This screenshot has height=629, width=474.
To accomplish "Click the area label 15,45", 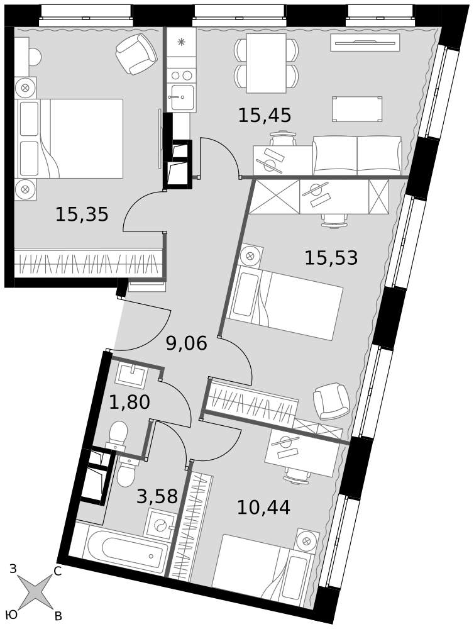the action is tap(265, 116).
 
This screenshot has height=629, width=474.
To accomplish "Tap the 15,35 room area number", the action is tap(82, 214).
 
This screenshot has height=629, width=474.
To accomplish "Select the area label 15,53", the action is tap(331, 257).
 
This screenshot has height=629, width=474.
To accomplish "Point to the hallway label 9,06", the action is tap(187, 343).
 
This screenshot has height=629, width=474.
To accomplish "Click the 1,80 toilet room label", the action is tap(130, 402).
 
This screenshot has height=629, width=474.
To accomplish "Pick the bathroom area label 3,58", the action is tap(157, 496).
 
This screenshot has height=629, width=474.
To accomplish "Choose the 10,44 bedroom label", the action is tap(263, 508).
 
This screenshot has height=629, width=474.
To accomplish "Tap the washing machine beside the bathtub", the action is tap(161, 524).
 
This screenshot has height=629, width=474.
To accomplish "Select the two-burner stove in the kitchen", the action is tap(181, 75).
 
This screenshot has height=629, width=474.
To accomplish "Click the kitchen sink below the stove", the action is tap(182, 98).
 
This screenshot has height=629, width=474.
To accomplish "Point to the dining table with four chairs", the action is tap(267, 63).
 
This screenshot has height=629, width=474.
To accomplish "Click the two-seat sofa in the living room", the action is tap(357, 155).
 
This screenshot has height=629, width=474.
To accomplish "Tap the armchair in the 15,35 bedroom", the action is tap(136, 53).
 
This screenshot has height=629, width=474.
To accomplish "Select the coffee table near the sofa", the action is tap(357, 109).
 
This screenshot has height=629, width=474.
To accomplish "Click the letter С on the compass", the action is tap(57, 572).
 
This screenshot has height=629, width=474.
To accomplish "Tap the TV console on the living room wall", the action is tap(365, 43).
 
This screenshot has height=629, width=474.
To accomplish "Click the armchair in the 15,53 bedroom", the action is tap(331, 401).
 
